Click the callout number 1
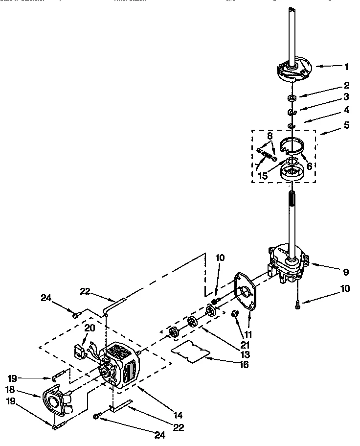[346, 66]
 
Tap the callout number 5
[346, 125]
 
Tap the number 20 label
[89, 328]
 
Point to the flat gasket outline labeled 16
[191, 352]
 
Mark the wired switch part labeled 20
[79, 350]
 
